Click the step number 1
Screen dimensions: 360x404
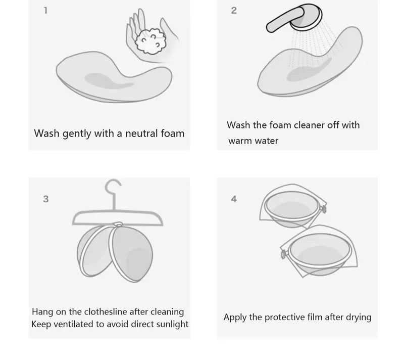(x=45, y=11)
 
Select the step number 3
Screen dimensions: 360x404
(x=46, y=199)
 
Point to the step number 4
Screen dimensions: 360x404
(x=234, y=199)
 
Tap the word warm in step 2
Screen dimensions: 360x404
(x=240, y=141)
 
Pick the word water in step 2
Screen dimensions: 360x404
(x=266, y=141)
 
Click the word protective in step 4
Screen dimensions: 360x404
(x=281, y=318)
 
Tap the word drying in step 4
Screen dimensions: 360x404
(x=359, y=318)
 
